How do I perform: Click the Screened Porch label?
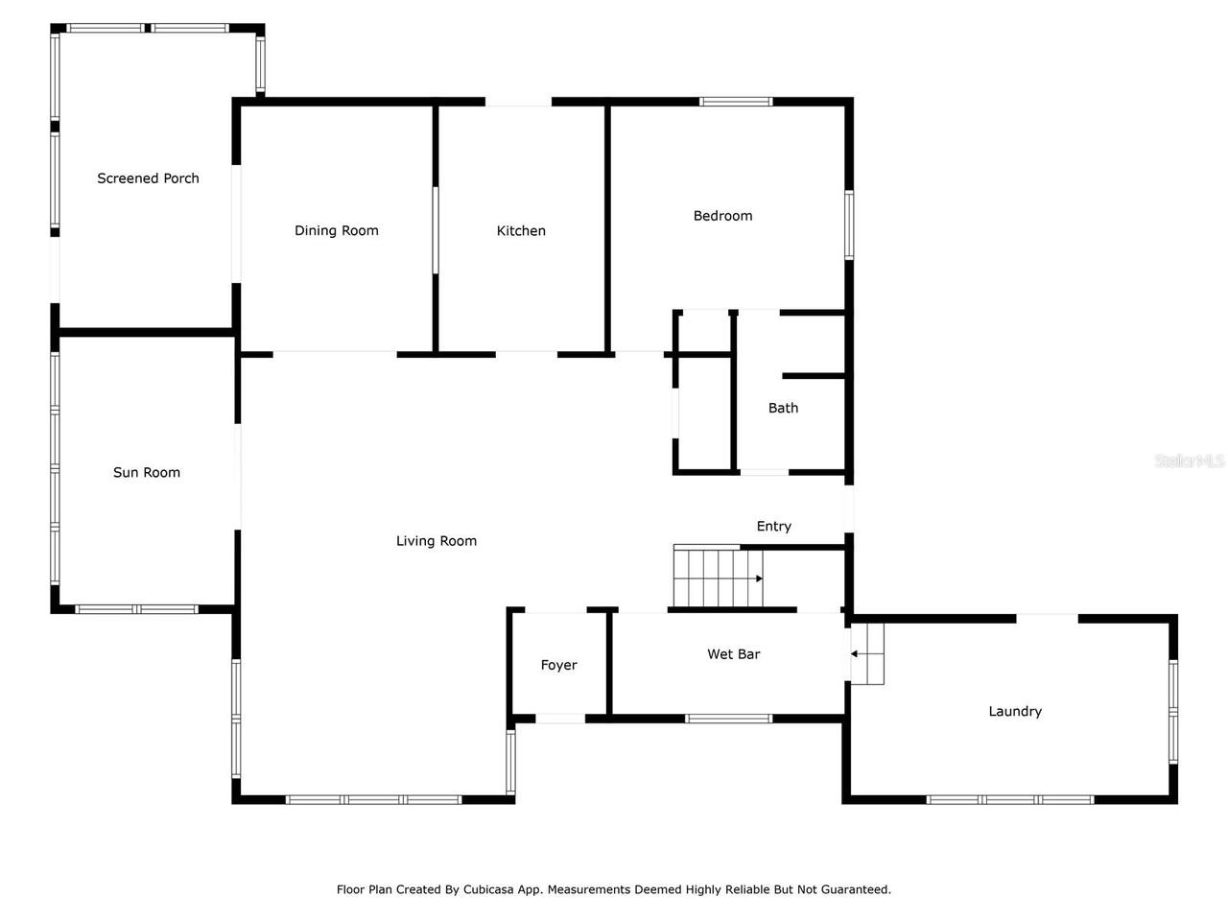click(x=148, y=178)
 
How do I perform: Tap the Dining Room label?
click(x=336, y=230)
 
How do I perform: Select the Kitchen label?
click(x=521, y=231)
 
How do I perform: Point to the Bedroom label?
click(x=722, y=216)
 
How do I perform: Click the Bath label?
click(x=783, y=408)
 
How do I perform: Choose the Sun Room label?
click(x=147, y=472)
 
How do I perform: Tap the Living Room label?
click(x=437, y=541)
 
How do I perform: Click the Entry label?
click(x=773, y=526)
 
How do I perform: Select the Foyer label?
click(x=558, y=665)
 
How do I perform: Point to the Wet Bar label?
click(x=733, y=654)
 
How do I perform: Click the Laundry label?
click(x=1015, y=711)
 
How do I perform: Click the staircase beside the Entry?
click(x=718, y=578)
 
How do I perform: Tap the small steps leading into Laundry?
click(x=867, y=653)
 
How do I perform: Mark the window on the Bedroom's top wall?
click(x=736, y=101)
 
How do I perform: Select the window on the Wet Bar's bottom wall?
click(x=728, y=718)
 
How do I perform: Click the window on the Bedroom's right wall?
click(x=849, y=224)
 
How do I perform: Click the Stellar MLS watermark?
click(x=1189, y=461)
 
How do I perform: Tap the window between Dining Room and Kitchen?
click(x=436, y=230)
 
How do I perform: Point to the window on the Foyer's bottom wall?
click(x=559, y=718)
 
